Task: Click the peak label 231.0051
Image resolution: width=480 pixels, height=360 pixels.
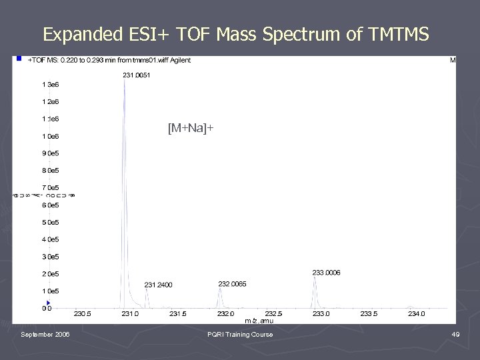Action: click(137, 75)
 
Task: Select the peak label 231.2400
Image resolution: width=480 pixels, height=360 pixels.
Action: click(158, 285)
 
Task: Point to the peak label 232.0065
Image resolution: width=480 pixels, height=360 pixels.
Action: click(232, 284)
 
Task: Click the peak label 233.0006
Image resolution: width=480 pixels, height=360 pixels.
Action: click(326, 273)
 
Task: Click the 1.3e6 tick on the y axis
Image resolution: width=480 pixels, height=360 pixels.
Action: click(50, 85)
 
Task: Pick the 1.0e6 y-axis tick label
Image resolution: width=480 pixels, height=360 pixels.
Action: click(50, 136)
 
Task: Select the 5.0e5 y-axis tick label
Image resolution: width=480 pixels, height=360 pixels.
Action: click(50, 222)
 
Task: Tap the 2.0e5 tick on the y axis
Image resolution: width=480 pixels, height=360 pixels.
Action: click(50, 274)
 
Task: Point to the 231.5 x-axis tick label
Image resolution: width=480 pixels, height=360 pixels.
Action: click(178, 313)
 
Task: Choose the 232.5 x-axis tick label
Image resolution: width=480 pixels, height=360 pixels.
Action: click(273, 313)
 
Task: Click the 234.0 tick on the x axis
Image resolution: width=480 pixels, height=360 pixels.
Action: click(416, 313)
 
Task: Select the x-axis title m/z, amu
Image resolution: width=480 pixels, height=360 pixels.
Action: click(259, 321)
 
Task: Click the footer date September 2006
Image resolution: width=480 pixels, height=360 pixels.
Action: click(45, 335)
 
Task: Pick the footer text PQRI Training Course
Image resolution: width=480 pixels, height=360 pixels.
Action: click(240, 335)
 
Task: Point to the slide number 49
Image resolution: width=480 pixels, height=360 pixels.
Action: click(455, 335)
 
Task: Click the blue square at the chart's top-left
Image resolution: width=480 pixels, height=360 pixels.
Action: click(20, 59)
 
